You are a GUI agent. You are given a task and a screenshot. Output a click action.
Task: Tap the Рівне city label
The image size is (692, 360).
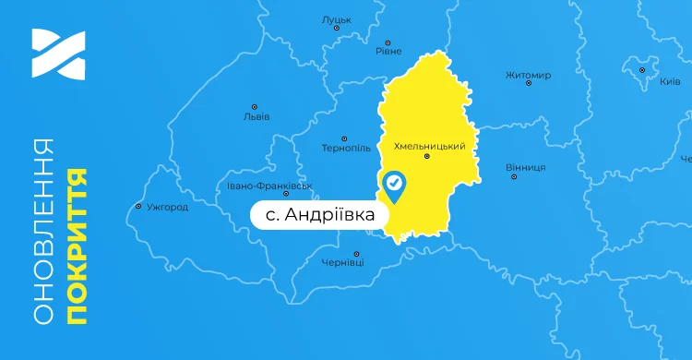tap(388, 52)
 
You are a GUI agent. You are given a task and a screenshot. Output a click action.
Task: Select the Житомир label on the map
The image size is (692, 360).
tap(528, 75)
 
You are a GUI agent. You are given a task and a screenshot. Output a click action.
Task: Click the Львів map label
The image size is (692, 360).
tap(256, 117)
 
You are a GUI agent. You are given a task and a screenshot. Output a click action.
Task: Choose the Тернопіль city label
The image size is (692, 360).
tap(346, 148)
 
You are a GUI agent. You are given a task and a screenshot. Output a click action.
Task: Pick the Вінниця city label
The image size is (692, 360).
tap(525, 167)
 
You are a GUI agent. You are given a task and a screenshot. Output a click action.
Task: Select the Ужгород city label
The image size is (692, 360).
tap(167, 207)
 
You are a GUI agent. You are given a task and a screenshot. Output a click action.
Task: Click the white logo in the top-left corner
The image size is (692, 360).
tap(58, 54)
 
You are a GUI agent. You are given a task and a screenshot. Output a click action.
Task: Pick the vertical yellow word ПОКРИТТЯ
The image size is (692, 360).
tap(78, 246)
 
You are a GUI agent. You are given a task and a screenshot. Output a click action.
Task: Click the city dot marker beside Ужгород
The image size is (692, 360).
tap(138, 206)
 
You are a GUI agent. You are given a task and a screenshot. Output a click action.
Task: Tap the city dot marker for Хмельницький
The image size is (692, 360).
tap(426, 157)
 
